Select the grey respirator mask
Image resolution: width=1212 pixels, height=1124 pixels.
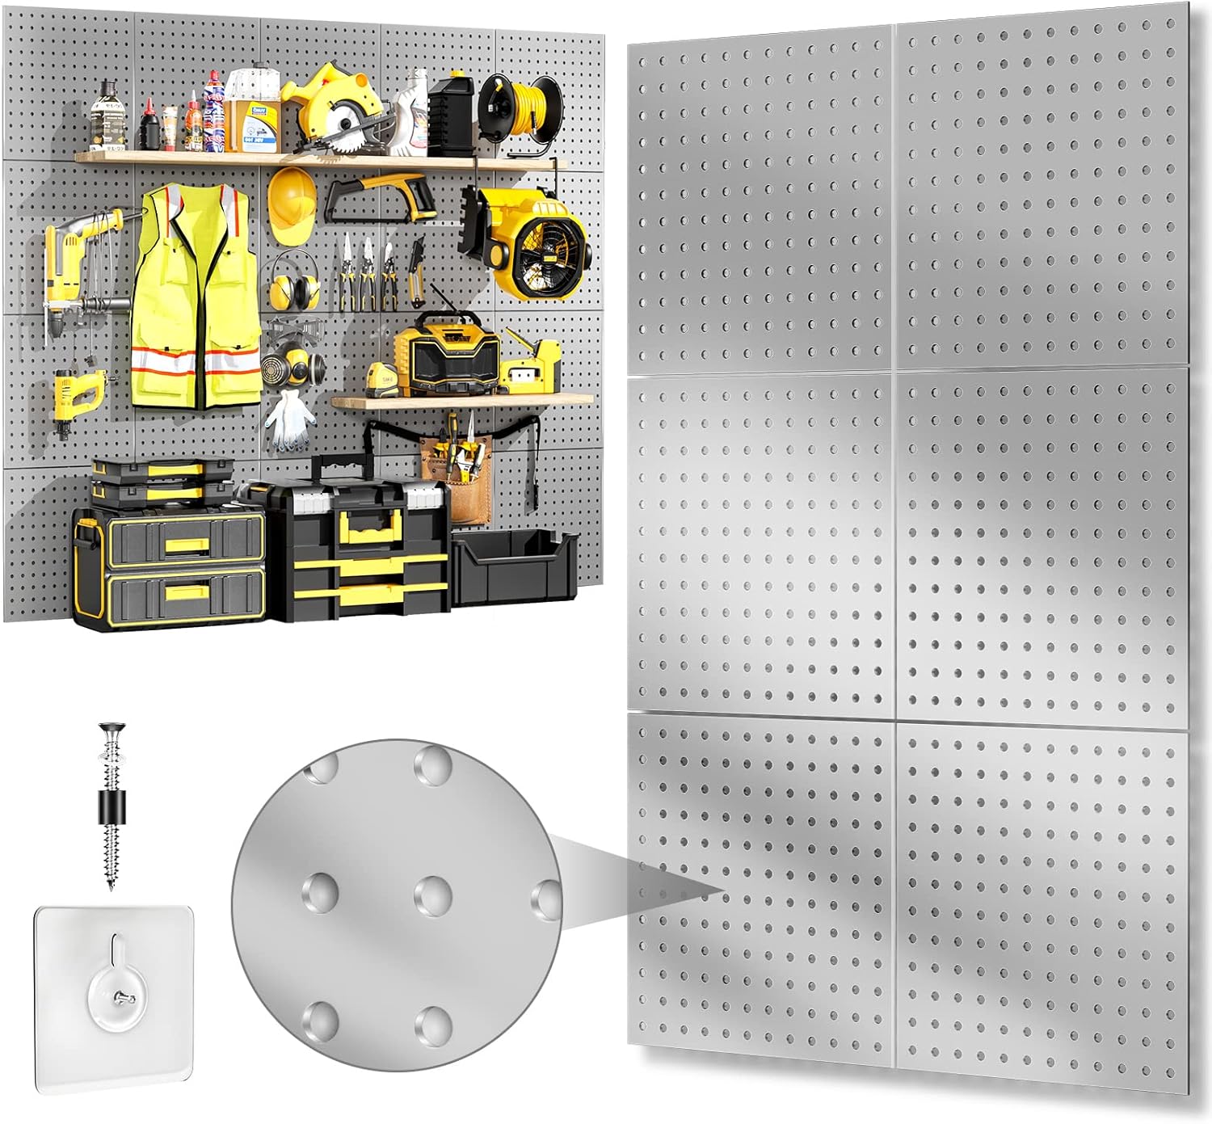point(288,363)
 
